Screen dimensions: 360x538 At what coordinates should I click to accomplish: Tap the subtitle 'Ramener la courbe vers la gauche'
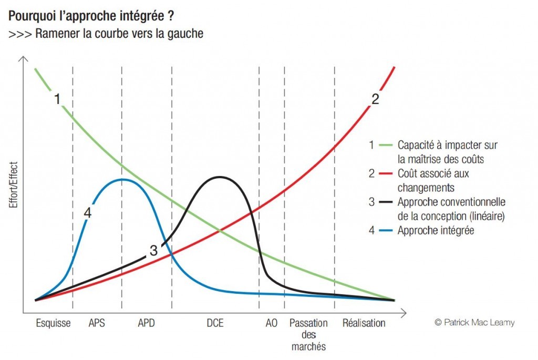pyautogui.click(x=119, y=34)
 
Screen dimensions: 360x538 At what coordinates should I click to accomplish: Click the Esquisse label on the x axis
pyautogui.click(x=53, y=323)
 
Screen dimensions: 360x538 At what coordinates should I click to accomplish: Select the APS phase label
pyautogui.click(x=97, y=323)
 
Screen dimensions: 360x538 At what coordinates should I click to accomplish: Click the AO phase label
pyautogui.click(x=271, y=323)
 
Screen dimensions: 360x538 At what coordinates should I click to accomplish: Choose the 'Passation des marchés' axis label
pyautogui.click(x=308, y=335)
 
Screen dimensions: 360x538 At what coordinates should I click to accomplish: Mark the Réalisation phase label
pyautogui.click(x=364, y=323)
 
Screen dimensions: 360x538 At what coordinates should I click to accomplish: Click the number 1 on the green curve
pyautogui.click(x=57, y=98)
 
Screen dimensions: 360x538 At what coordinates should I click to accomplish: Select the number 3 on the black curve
pyautogui.click(x=153, y=251)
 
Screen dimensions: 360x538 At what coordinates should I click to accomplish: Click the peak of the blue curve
pyautogui.click(x=122, y=179)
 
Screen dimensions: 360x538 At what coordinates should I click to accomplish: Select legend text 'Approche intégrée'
pyautogui.click(x=436, y=230)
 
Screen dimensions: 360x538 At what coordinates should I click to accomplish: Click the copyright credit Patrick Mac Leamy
pyautogui.click(x=474, y=323)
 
